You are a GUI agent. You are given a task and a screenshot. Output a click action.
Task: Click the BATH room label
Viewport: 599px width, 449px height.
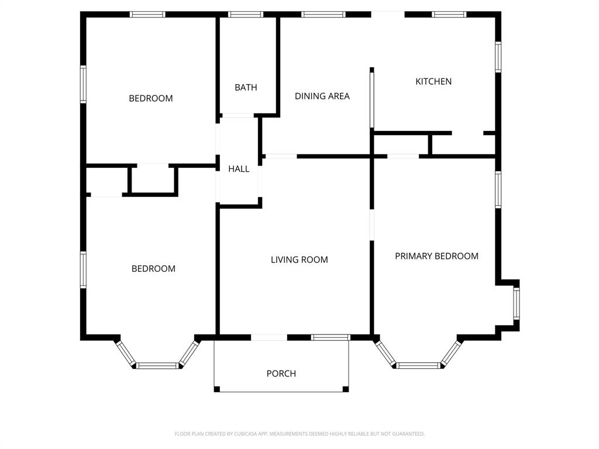pyautogui.click(x=246, y=88)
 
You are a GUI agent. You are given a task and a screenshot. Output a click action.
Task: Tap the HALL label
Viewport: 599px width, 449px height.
pyautogui.click(x=239, y=169)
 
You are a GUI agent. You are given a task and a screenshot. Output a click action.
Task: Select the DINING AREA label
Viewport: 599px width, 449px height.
pyautogui.click(x=322, y=96)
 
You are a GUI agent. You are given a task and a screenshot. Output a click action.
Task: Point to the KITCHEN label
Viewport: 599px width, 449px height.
pyautogui.click(x=433, y=81)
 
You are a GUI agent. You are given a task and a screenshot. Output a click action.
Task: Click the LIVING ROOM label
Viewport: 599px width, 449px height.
pyautogui.click(x=299, y=260)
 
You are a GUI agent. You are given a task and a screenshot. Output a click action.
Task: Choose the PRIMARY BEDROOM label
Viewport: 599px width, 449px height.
pyautogui.click(x=436, y=256)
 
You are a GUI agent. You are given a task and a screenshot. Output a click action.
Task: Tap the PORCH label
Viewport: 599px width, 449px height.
pyautogui.click(x=281, y=374)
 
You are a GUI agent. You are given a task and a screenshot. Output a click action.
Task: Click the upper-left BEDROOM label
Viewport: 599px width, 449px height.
pyautogui.click(x=151, y=98)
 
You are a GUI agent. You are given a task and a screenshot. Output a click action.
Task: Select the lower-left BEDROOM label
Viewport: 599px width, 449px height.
pyautogui.click(x=153, y=269)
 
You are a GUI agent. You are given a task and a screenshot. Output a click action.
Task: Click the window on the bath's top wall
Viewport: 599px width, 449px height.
pyautogui.click(x=246, y=15)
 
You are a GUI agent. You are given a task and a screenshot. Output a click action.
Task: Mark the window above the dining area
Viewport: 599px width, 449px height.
pyautogui.click(x=323, y=15)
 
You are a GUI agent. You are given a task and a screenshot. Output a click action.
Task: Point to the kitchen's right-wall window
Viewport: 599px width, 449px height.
pyautogui.click(x=498, y=57)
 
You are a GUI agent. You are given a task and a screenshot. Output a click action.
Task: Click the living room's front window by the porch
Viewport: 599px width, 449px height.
pyautogui.click(x=331, y=337)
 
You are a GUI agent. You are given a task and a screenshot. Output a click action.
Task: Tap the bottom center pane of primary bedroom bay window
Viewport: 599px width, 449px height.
pyautogui.click(x=418, y=365)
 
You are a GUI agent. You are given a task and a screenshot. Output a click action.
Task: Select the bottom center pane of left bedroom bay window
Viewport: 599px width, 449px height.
pyautogui.click(x=157, y=365)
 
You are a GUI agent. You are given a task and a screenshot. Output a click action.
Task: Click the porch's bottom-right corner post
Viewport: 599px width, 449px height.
pyautogui.click(x=346, y=389)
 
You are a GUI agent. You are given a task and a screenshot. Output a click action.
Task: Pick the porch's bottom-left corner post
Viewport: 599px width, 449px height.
pyautogui.click(x=217, y=389)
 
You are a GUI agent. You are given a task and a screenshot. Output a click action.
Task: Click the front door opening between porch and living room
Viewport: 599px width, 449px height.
pyautogui.click(x=269, y=337)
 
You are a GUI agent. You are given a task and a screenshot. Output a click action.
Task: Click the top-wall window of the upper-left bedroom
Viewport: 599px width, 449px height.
pyautogui.click(x=147, y=15)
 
